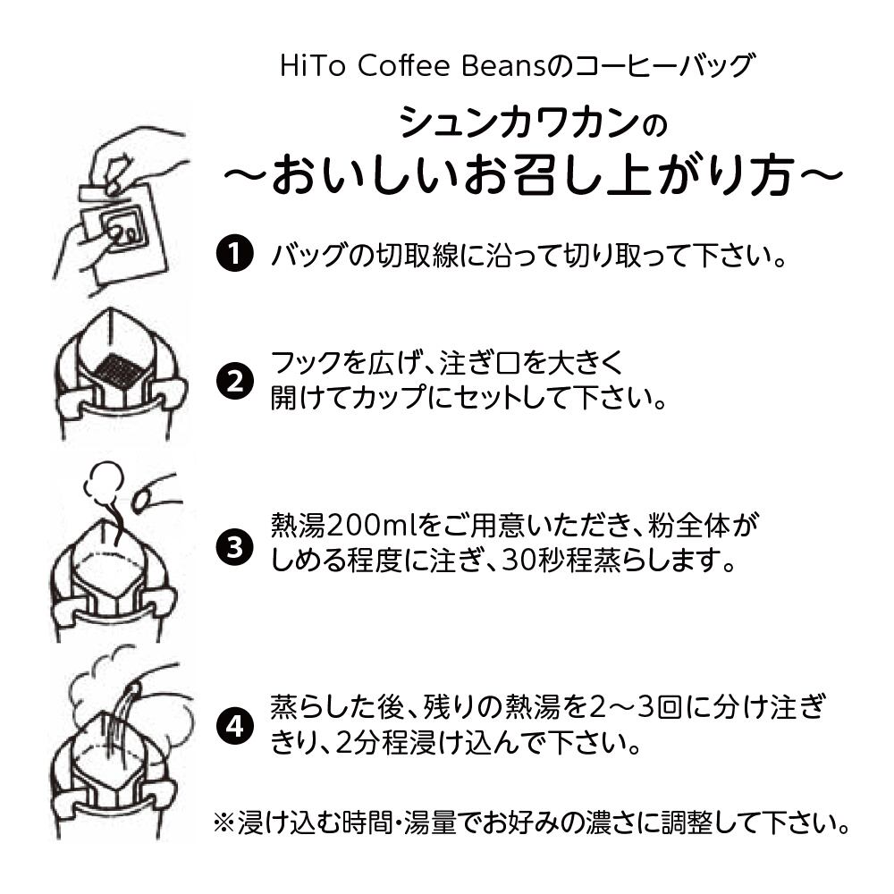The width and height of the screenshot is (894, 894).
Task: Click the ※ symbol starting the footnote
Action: [223, 821]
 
